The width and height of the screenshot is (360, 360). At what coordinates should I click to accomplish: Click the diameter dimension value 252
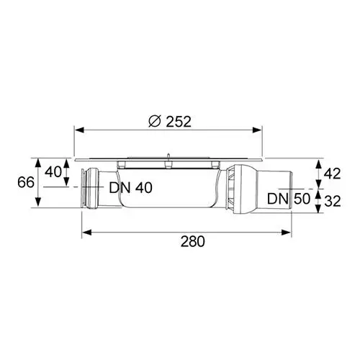pos(179,122)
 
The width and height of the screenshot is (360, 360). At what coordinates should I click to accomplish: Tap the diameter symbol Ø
pos(155,121)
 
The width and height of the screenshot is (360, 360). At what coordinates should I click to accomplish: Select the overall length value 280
pos(193,241)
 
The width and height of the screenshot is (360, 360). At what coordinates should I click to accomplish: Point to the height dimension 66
pos(26,182)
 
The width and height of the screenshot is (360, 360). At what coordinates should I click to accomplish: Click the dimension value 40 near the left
pos(53,172)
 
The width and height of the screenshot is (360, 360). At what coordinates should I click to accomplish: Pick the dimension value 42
pos(332,174)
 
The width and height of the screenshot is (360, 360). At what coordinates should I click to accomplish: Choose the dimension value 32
pos(333,202)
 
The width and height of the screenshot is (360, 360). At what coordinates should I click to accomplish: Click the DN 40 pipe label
pos(131,188)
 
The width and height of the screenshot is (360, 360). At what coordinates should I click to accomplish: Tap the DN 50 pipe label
pos(289,199)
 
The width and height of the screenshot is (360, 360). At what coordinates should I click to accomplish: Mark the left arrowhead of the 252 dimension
pos(79,130)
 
